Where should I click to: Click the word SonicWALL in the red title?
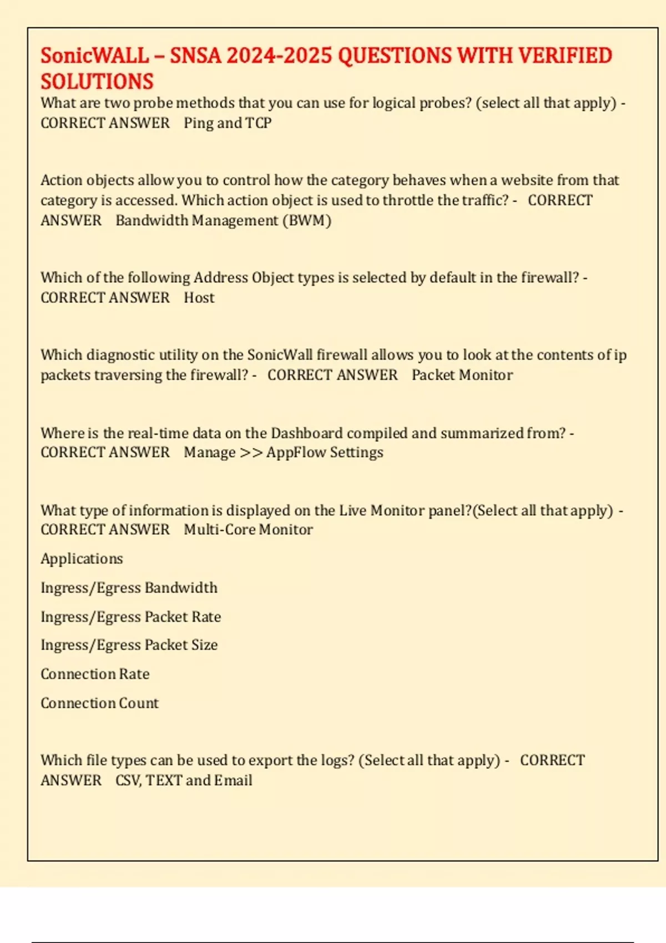click(95, 55)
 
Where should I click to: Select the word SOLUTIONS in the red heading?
click(97, 82)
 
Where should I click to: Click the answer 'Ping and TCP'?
click(228, 123)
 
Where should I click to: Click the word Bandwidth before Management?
click(152, 220)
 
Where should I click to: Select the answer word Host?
click(199, 297)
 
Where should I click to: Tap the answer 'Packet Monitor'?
click(462, 375)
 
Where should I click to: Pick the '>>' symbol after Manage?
click(251, 453)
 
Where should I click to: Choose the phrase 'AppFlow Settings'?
click(325, 453)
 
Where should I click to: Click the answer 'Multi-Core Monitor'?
click(248, 530)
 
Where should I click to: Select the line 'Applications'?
click(82, 559)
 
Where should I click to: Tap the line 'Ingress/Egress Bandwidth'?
click(129, 587)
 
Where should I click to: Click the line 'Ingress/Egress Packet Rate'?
click(130, 617)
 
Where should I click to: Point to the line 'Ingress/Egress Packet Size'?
click(129, 645)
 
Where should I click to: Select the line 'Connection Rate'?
click(95, 674)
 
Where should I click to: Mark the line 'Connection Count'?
click(99, 703)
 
